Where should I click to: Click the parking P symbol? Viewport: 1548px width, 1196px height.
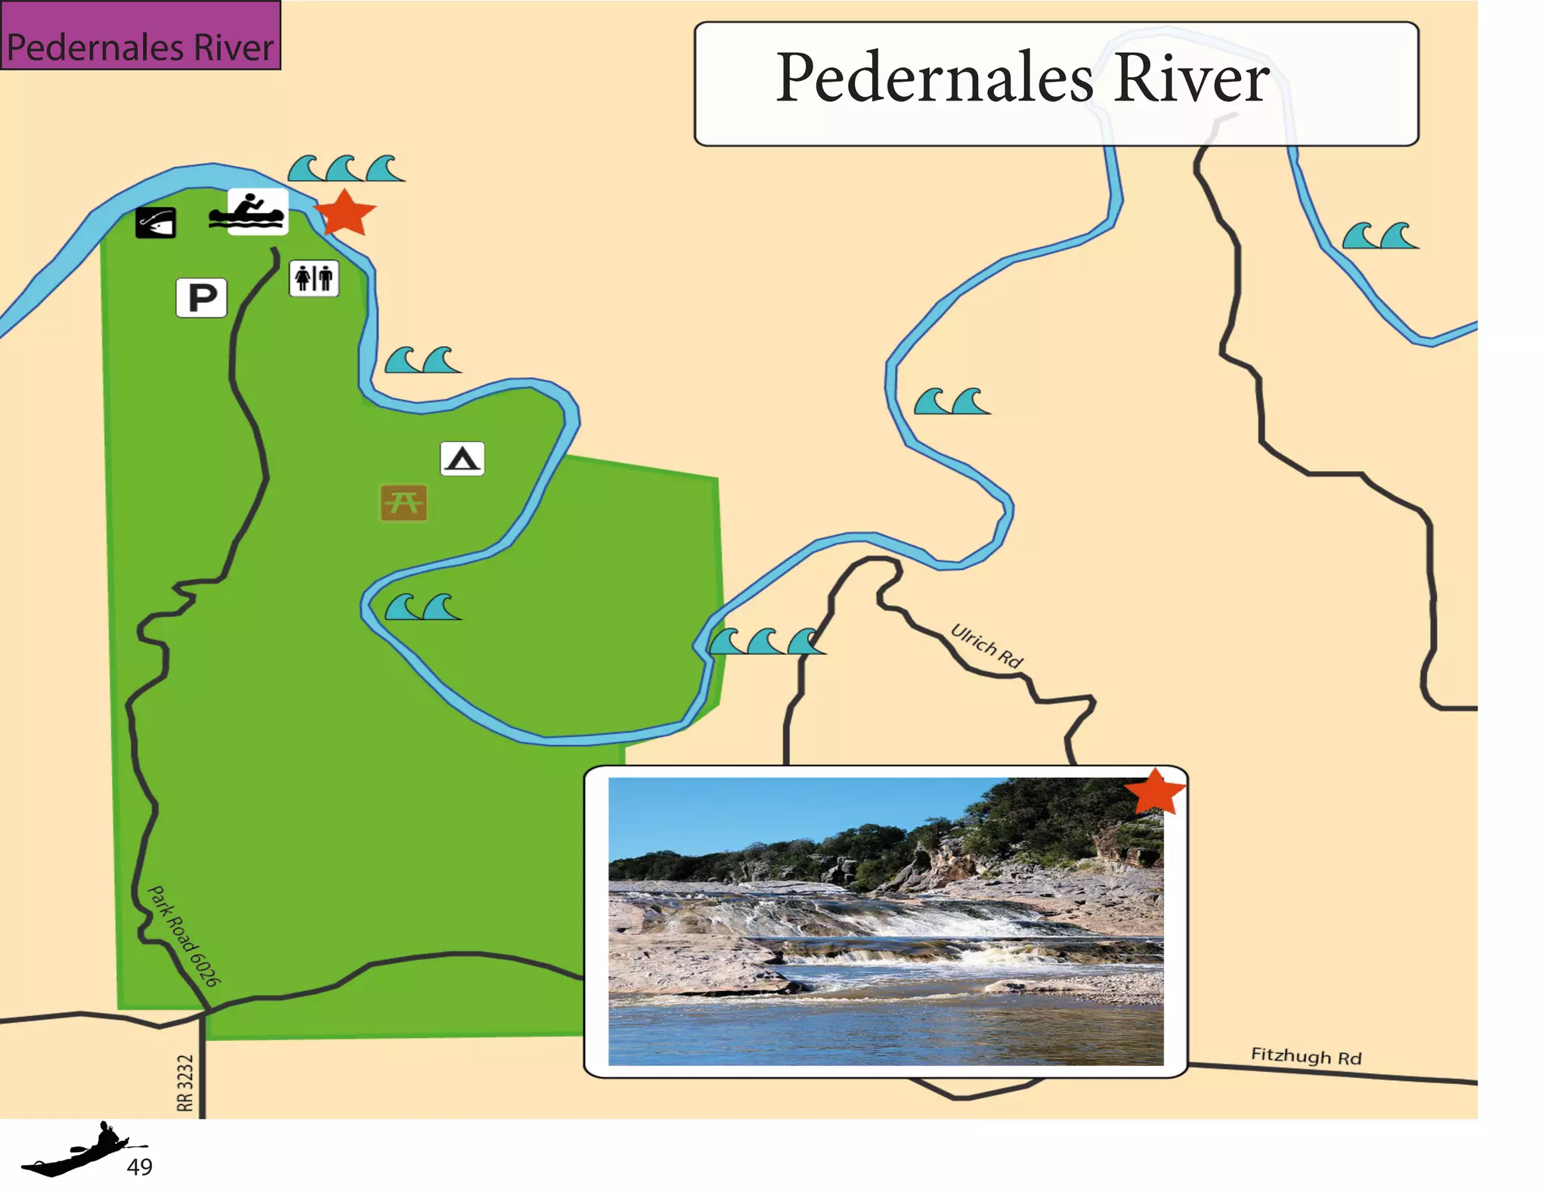click(201, 297)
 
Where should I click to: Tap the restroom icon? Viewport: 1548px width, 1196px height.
click(314, 278)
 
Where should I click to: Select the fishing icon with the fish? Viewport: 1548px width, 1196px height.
click(156, 223)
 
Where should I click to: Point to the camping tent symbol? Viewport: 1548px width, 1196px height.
click(462, 458)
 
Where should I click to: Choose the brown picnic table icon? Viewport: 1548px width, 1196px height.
click(404, 503)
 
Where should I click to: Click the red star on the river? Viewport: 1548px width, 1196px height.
click(345, 212)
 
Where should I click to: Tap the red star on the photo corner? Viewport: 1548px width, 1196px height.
click(1154, 792)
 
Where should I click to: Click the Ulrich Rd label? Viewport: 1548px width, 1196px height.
click(986, 646)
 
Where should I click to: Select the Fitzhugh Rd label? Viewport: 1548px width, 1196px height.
click(1305, 1056)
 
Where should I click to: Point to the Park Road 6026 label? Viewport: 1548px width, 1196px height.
click(184, 936)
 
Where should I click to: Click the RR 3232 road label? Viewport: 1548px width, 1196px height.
click(185, 1083)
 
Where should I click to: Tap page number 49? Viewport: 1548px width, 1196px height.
click(139, 1167)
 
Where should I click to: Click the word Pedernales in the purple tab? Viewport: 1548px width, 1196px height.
click(95, 48)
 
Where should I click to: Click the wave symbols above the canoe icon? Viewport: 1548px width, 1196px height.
click(346, 169)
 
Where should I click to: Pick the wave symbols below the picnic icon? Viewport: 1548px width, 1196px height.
click(423, 607)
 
